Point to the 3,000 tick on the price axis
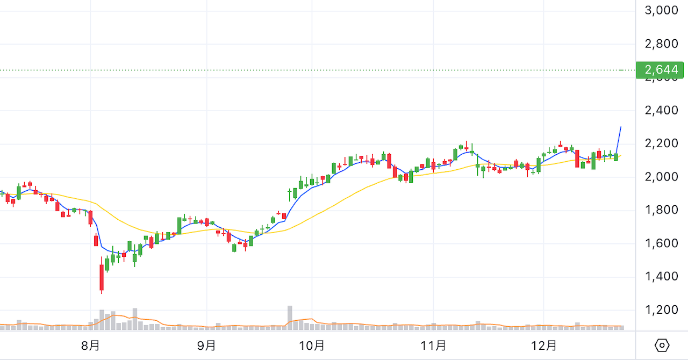point(661,10)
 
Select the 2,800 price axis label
point(661,44)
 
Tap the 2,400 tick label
point(661,111)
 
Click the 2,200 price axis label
point(661,143)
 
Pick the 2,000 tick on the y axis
point(661,177)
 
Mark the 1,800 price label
point(661,210)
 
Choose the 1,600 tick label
point(661,243)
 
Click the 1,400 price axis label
point(661,277)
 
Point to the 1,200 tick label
point(661,310)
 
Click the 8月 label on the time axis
point(91,345)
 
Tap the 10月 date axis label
point(312,345)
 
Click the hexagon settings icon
point(662,345)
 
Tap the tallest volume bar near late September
point(290,317)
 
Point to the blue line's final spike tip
point(621,127)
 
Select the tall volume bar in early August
point(135,318)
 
